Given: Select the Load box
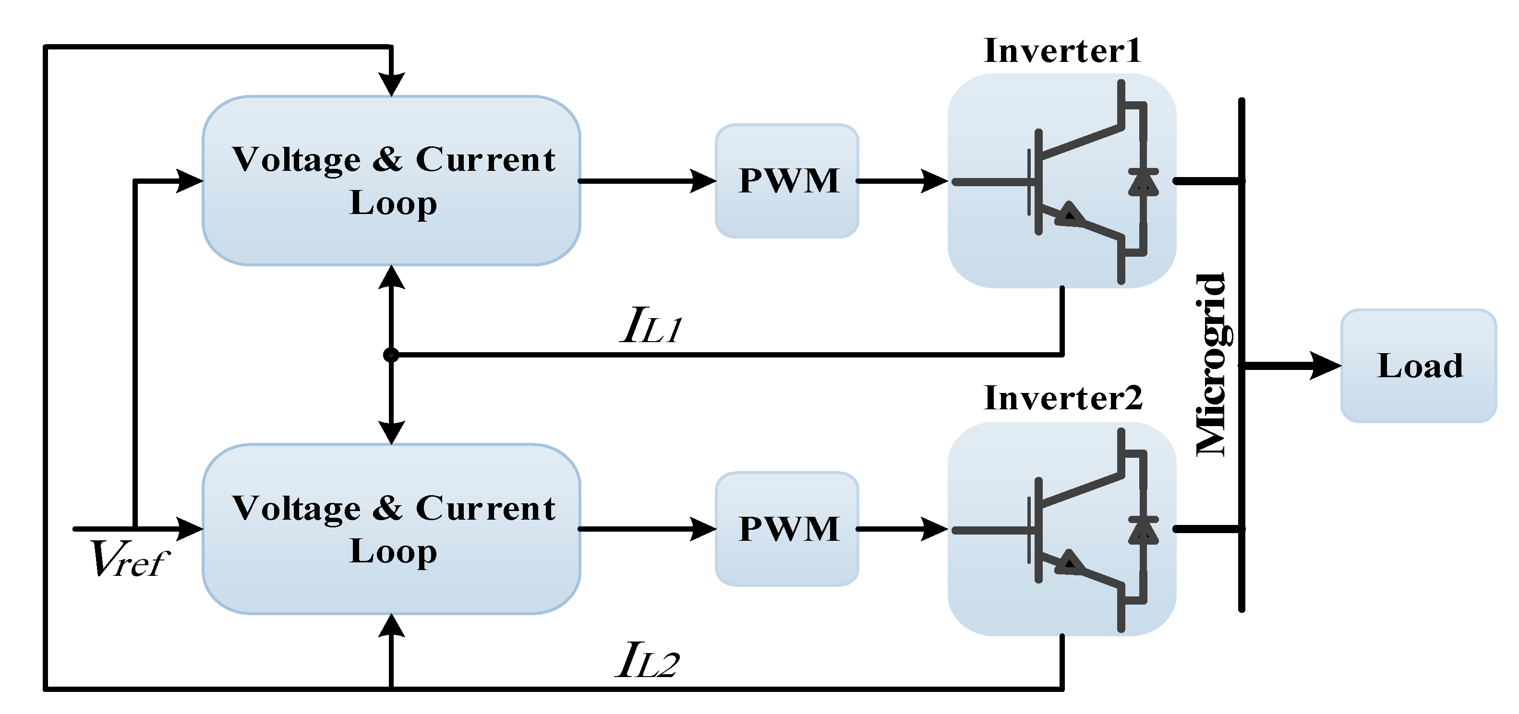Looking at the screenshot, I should tap(1419, 366).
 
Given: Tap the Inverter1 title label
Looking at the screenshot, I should tap(1062, 51).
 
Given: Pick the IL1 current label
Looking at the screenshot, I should tap(651, 325).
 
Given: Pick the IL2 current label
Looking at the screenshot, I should tap(648, 660).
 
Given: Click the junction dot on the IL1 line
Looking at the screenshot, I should tap(391, 354).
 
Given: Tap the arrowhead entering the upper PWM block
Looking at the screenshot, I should tap(703, 180).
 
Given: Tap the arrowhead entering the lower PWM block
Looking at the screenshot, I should tap(703, 528).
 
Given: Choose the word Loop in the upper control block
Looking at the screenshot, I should tap(393, 203).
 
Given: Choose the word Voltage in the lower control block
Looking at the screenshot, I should tap(296, 508).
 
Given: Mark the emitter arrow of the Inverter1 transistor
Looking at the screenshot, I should tap(1070, 214).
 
